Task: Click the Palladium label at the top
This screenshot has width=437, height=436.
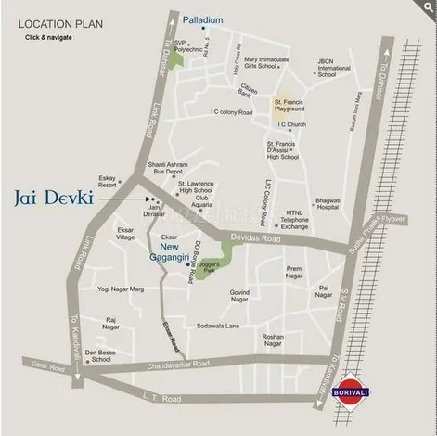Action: coord(202,19)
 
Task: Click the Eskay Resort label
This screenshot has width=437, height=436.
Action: coord(108,180)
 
